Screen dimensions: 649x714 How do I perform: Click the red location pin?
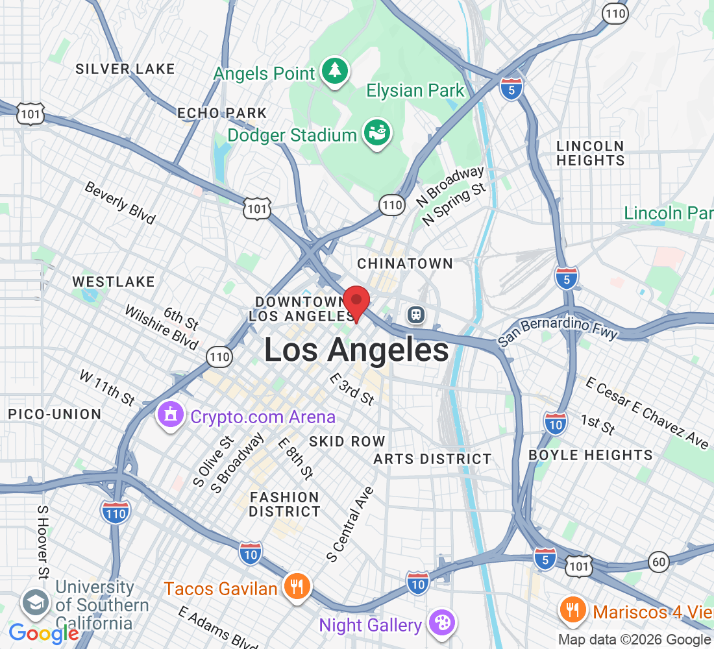click(356, 302)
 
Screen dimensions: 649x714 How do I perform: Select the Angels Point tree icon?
click(335, 71)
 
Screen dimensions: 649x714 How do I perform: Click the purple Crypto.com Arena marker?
click(171, 413)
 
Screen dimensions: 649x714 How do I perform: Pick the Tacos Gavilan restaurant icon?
click(297, 587)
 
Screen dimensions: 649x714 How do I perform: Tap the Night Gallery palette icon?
click(441, 624)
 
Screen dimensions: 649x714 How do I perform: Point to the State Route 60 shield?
click(659, 561)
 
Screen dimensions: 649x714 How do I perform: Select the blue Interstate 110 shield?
click(116, 512)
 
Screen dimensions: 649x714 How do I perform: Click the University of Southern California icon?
click(35, 603)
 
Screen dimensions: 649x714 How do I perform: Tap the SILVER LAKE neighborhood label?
click(125, 69)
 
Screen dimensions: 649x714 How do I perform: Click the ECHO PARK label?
click(222, 113)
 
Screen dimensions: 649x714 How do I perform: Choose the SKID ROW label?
click(347, 441)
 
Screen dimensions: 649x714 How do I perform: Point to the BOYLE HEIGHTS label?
click(591, 455)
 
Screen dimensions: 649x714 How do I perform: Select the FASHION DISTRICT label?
click(284, 504)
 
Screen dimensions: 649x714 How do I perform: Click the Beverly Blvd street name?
click(120, 203)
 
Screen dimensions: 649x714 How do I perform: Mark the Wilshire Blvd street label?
click(161, 328)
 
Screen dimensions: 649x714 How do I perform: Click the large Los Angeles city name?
click(356, 350)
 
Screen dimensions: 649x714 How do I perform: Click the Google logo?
click(44, 633)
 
